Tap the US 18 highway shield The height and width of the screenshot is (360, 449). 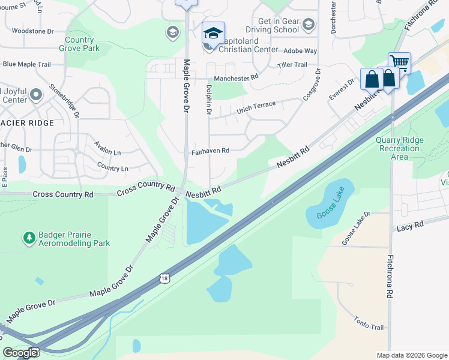[x=165, y=278]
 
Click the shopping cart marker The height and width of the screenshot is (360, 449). [x=399, y=62]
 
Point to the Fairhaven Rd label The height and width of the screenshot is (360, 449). [x=210, y=151]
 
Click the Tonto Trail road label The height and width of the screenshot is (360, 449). [x=369, y=323]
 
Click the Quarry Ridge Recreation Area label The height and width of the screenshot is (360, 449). [x=400, y=148]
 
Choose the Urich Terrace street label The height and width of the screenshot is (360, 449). [x=256, y=107]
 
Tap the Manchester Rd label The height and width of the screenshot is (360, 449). [x=236, y=78]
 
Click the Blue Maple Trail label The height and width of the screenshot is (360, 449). [x=26, y=64]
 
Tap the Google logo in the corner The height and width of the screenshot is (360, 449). [x=20, y=352]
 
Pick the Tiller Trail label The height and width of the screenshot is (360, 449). [x=292, y=65]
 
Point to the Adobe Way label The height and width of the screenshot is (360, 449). [x=300, y=52]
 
